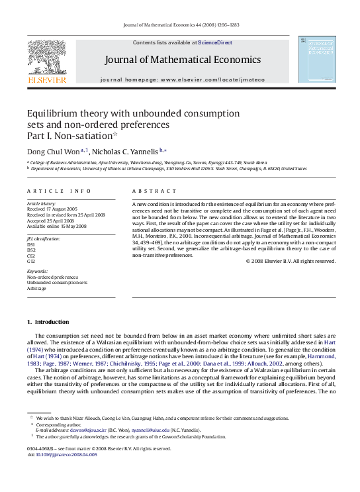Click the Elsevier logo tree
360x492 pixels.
[46, 57]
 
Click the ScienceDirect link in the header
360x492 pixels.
[215, 42]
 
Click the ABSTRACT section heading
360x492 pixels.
[150, 191]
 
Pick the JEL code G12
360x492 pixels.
[30, 261]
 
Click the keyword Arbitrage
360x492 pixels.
[36, 289]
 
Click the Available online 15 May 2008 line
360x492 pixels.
[56, 226]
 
